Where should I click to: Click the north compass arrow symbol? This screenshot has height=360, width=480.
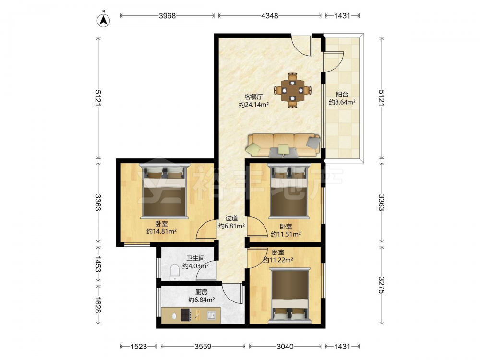(x=104, y=20)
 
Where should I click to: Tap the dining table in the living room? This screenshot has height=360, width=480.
(x=293, y=90)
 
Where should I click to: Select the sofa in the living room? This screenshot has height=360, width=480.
(x=284, y=145)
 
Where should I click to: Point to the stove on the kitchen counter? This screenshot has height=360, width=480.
(x=185, y=315)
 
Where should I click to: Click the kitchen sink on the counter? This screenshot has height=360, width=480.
(x=211, y=315)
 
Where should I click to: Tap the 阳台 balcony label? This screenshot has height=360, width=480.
(x=342, y=95)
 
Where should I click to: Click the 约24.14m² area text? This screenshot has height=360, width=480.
(x=254, y=105)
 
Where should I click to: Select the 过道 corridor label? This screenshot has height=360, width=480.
(x=231, y=218)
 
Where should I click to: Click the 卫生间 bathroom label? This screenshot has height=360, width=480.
(x=195, y=258)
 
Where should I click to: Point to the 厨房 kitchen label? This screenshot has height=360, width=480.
(x=201, y=292)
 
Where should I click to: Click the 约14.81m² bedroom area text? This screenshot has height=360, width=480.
(x=161, y=231)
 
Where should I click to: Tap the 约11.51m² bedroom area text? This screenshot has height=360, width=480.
(x=286, y=235)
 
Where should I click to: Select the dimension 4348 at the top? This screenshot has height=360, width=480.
(x=269, y=16)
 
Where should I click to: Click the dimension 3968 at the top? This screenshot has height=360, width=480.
(x=167, y=16)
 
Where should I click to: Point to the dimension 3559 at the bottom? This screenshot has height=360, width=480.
(x=203, y=347)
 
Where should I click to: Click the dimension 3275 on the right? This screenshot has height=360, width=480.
(x=381, y=285)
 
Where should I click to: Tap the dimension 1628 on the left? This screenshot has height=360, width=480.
(x=98, y=305)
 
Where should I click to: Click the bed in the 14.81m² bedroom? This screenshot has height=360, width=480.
(x=164, y=191)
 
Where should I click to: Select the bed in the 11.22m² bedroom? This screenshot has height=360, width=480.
(x=289, y=295)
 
